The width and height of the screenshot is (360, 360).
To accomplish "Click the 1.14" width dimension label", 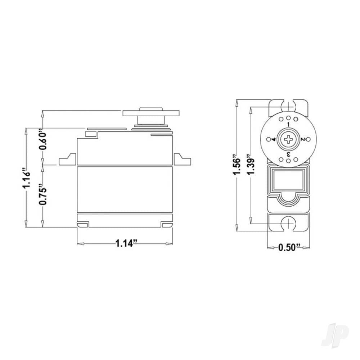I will (x=125, y=244).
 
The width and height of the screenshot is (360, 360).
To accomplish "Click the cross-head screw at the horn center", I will (x=288, y=139).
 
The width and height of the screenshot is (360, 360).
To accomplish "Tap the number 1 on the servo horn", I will (x=288, y=124).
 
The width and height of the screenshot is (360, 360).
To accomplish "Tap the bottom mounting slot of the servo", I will (x=288, y=224).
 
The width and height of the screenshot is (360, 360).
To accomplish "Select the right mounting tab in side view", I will (x=182, y=160).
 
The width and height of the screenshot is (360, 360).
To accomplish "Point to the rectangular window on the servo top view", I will (x=288, y=180).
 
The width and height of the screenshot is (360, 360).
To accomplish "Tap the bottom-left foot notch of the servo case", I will (x=83, y=225).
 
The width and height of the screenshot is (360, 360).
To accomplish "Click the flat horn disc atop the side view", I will (x=151, y=113).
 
